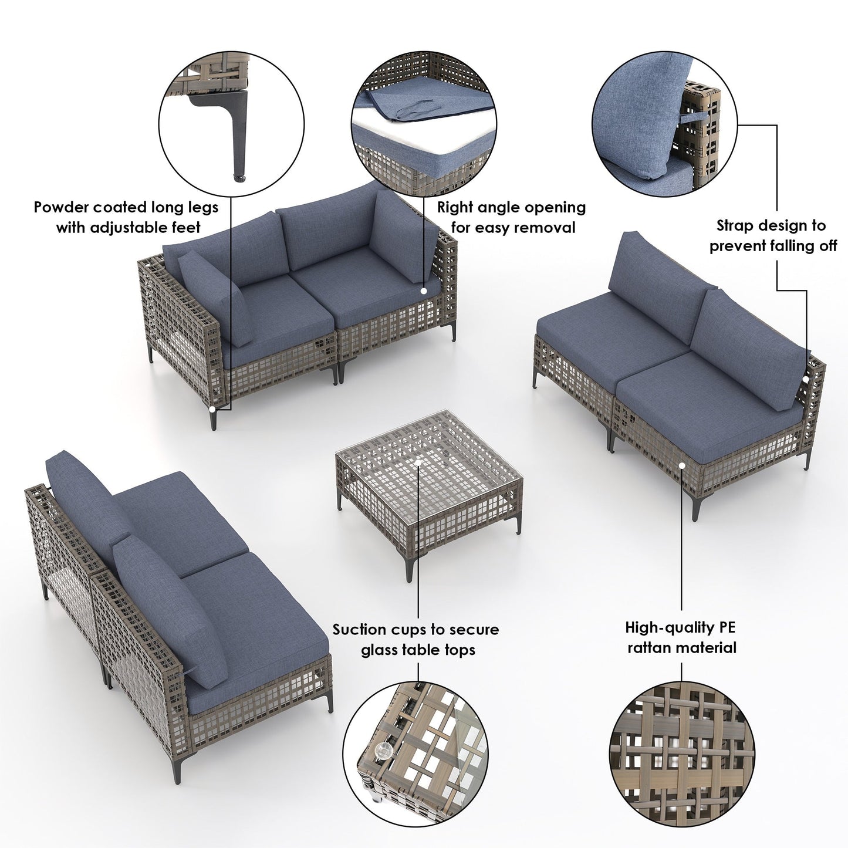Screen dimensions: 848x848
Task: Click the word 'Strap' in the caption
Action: point(734,225)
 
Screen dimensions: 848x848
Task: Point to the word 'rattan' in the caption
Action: point(650,648)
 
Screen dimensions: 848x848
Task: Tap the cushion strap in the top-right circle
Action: point(696,118)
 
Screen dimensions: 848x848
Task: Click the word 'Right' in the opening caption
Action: point(455,207)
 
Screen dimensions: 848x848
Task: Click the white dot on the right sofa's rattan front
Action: point(682,465)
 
